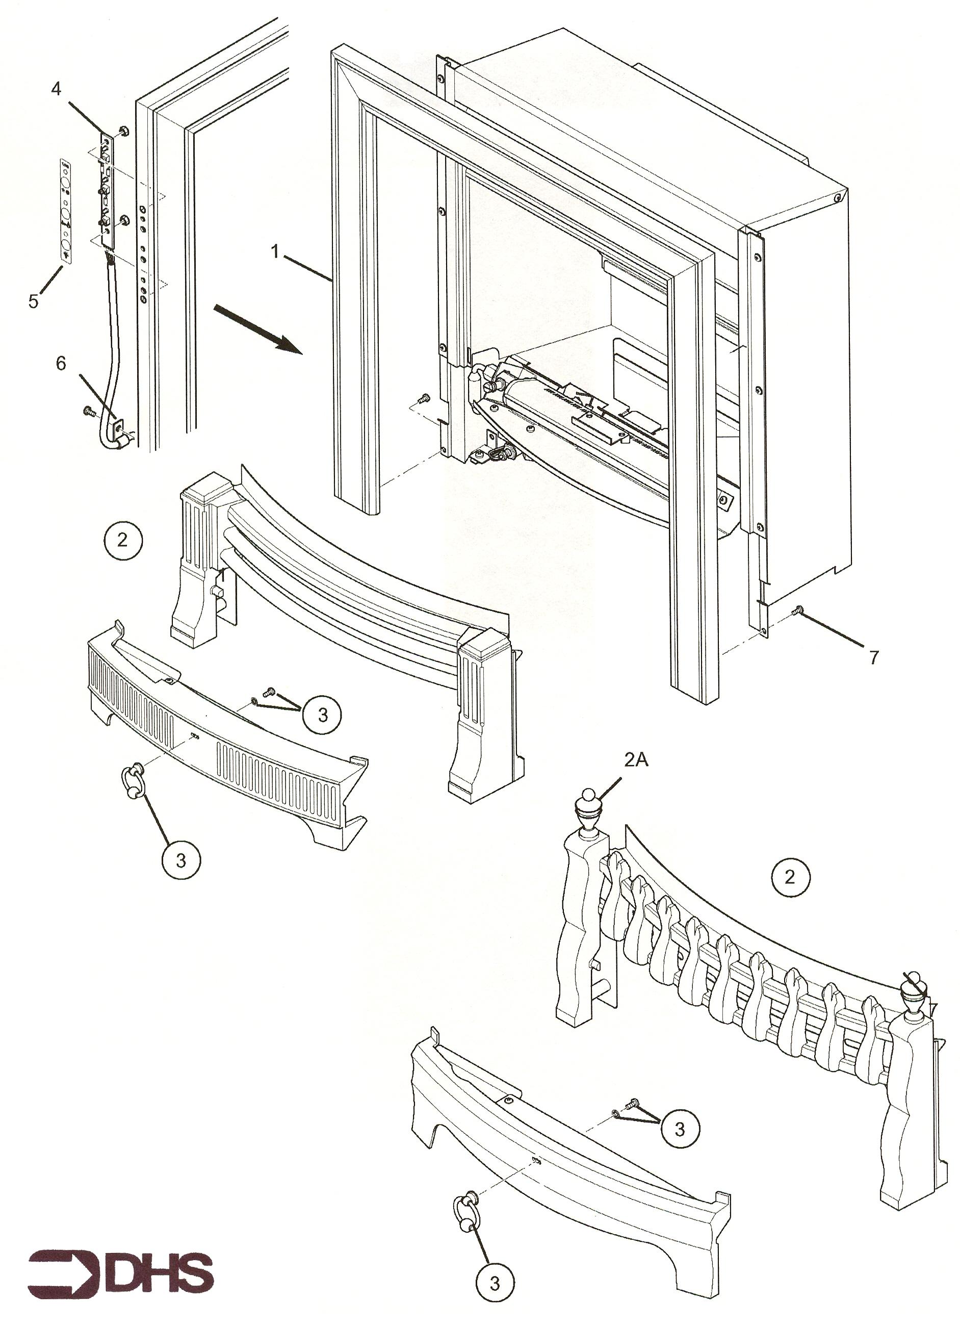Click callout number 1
(275, 251)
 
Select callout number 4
(56, 89)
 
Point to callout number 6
(61, 364)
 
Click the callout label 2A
(636, 760)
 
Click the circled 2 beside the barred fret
(122, 540)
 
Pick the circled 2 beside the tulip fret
(790, 876)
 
